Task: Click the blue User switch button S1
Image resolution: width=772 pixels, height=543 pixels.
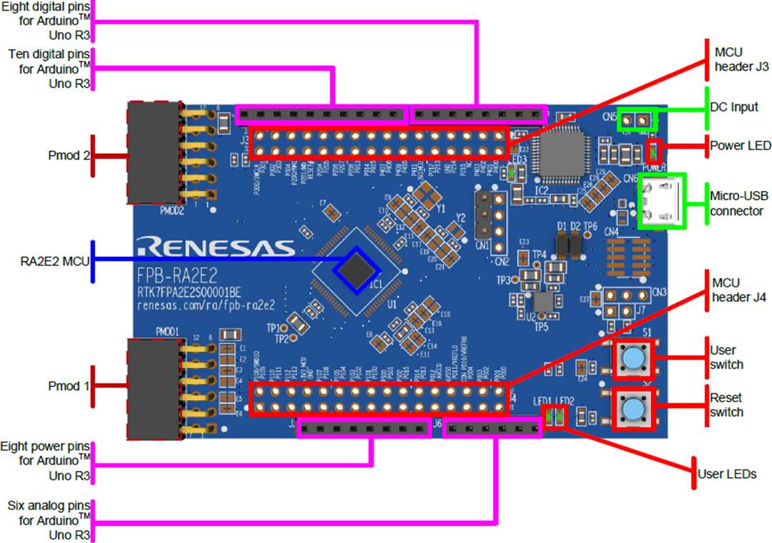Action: point(632,356)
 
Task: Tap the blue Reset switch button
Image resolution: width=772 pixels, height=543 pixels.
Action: point(632,409)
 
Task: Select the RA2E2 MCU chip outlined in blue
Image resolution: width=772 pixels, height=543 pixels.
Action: point(357,269)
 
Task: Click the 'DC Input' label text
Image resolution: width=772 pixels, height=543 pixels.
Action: point(734,107)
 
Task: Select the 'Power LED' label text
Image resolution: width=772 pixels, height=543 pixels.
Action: point(741,146)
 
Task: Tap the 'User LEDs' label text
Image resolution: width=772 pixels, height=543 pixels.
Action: point(728,474)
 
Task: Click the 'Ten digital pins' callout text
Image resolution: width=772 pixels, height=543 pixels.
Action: point(47,69)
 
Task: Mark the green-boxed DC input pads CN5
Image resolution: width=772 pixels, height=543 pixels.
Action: point(635,119)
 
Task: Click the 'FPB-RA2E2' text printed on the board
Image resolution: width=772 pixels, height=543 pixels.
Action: point(177,276)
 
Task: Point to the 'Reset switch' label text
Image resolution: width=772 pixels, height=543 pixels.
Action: point(726,405)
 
